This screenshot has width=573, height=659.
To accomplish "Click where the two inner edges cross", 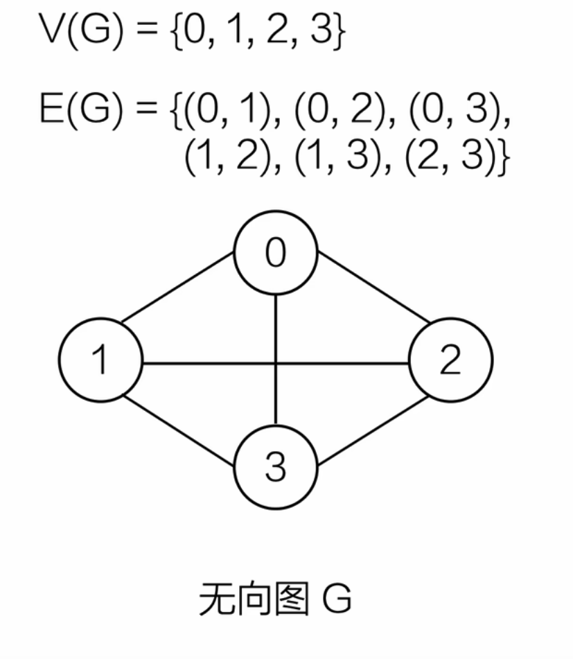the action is [276, 362].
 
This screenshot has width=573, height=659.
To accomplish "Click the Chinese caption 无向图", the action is [253, 599].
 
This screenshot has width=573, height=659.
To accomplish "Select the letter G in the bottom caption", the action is [337, 599].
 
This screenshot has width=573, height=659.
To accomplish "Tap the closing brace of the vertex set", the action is [338, 33].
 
